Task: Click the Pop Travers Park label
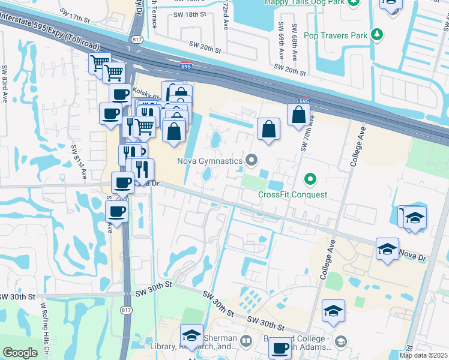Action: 336,36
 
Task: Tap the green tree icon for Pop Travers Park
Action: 377,35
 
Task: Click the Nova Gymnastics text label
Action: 209,161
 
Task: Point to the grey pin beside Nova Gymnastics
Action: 252,160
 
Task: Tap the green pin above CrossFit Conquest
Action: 310,178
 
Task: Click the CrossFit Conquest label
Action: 293,194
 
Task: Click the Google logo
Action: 20,353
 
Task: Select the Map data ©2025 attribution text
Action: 423,355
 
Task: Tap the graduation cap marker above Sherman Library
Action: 191,335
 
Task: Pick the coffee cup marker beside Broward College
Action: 279,347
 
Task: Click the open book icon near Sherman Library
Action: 246,341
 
